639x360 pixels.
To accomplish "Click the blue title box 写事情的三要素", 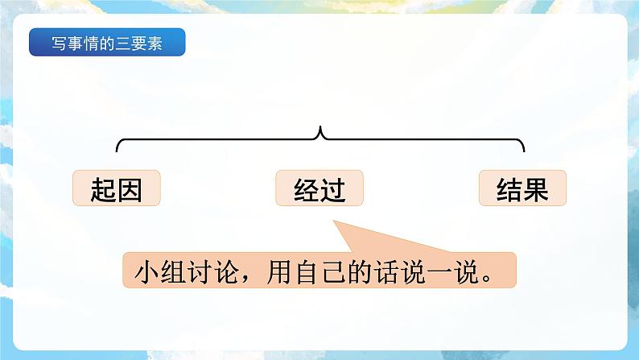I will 107,43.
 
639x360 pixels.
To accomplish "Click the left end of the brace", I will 118,149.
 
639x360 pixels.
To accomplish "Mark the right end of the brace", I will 524,149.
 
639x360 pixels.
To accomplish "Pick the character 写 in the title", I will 58,43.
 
